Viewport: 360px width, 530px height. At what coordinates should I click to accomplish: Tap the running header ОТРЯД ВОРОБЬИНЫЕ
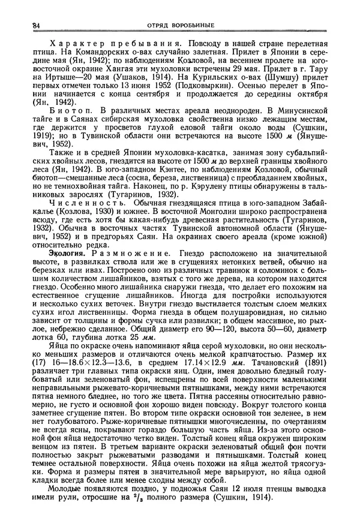pos(181,25)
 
